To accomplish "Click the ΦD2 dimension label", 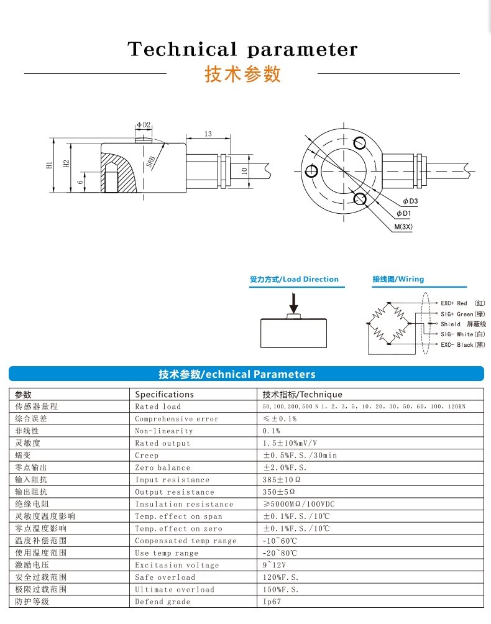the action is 144,125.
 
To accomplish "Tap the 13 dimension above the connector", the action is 208,134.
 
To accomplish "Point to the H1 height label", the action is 49,165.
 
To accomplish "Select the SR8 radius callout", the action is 151,162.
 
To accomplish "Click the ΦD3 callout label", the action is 410,201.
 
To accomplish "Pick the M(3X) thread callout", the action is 403,227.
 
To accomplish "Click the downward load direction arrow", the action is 293,303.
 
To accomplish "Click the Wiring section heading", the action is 398,279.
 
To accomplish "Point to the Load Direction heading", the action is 294,279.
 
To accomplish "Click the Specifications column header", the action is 164,395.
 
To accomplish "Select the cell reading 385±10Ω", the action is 282,480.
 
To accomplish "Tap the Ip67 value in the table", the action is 272,602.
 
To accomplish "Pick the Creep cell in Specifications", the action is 147,456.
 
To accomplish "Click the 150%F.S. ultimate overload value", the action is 280,589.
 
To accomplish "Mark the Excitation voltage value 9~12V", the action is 274,565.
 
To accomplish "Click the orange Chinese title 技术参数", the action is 243,75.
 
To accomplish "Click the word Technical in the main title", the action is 182,49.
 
